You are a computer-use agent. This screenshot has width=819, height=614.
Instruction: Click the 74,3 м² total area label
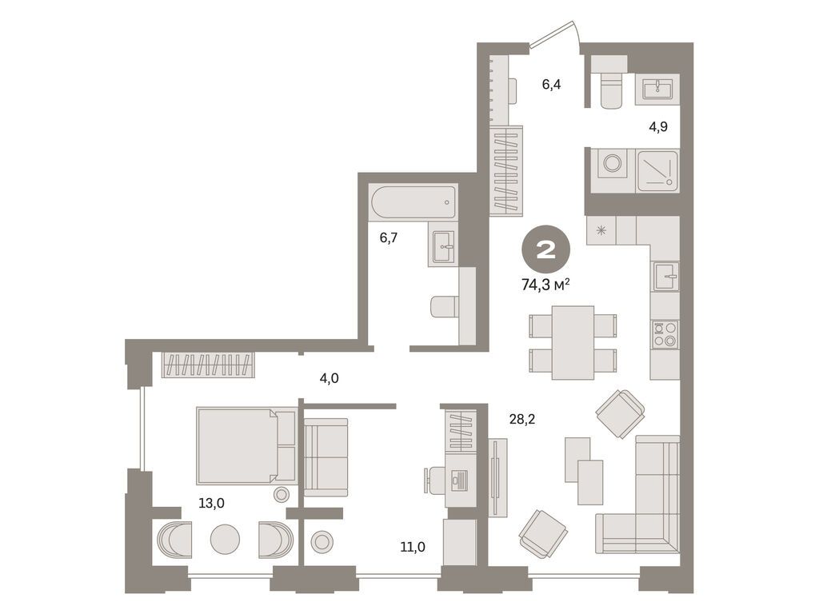(x=547, y=285)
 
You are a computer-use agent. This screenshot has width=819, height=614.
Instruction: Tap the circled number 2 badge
(x=547, y=250)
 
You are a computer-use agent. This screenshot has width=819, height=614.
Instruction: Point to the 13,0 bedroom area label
(x=212, y=503)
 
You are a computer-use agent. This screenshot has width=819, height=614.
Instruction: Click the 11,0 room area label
(x=413, y=547)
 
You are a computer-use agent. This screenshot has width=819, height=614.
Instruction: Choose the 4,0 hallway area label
(x=329, y=378)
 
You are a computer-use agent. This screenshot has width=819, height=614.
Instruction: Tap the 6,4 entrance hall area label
(x=551, y=84)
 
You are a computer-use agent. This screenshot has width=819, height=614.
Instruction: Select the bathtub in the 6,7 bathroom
(x=413, y=203)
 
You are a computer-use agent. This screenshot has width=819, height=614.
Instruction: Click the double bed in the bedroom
(x=246, y=445)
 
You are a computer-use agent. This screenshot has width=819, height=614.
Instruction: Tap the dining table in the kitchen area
(x=573, y=342)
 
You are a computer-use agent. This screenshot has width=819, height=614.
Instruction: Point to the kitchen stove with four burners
(x=665, y=333)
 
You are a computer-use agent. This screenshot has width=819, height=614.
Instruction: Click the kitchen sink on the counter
(x=665, y=277)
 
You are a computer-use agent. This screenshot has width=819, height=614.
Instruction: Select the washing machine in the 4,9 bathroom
(x=613, y=165)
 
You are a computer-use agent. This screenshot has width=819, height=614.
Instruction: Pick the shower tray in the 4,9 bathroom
(x=657, y=169)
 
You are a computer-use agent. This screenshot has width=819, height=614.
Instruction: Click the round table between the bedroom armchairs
(x=225, y=539)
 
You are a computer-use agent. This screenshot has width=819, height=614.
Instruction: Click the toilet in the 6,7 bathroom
(x=445, y=306)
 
